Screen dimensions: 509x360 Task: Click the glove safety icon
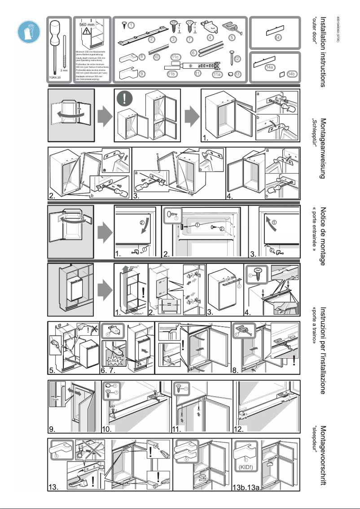coord(28,31)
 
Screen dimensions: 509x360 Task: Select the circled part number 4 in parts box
coord(210,38)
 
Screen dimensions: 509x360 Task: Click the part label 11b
coord(171,74)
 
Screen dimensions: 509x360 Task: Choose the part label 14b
coord(291,74)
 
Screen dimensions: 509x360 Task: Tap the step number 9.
coord(53,429)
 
